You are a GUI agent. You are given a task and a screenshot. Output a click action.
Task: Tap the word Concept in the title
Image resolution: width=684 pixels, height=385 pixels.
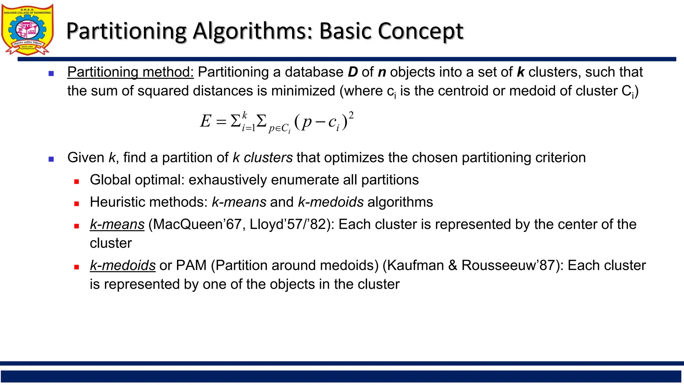(x=420, y=31)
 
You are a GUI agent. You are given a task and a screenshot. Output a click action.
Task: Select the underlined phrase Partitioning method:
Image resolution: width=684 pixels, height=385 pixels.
(x=130, y=72)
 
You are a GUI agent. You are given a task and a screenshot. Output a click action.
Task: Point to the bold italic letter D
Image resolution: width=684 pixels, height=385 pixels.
(x=353, y=72)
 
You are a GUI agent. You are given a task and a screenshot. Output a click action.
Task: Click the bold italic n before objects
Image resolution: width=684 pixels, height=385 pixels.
(x=382, y=72)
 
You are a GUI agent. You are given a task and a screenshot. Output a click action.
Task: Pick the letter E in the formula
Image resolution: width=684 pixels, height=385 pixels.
(x=206, y=121)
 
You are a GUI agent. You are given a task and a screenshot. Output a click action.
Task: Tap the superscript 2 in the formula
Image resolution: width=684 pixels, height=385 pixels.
(x=351, y=115)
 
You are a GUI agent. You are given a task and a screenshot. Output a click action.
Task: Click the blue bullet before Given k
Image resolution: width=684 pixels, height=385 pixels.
(x=51, y=159)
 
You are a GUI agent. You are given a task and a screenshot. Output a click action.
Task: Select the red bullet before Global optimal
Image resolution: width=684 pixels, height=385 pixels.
(x=76, y=181)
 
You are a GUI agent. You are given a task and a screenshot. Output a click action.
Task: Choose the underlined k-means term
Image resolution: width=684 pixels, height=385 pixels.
(x=117, y=225)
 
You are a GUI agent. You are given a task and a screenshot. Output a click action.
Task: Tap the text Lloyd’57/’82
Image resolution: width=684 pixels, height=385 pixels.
(x=292, y=225)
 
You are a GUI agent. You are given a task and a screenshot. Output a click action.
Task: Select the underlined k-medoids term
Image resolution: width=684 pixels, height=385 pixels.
(x=123, y=266)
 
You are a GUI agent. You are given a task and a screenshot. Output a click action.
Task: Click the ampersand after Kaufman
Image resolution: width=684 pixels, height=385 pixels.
(x=453, y=266)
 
